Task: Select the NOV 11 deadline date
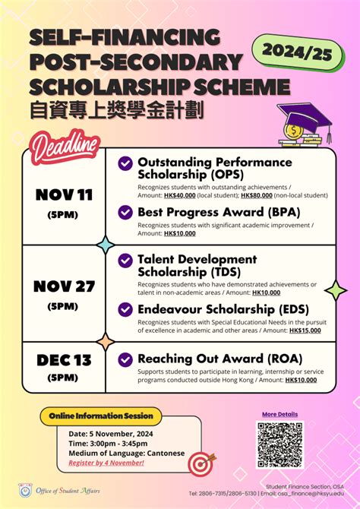coord(64,194)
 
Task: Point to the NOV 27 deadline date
coord(64,286)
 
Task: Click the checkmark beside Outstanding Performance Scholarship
coord(125,163)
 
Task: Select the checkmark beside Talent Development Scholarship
coord(125,260)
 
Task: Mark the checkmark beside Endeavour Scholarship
coord(125,309)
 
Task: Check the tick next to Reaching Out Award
coord(125,359)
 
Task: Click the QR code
coord(279,445)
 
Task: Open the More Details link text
coord(279,414)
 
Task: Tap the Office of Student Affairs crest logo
coord(26,490)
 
